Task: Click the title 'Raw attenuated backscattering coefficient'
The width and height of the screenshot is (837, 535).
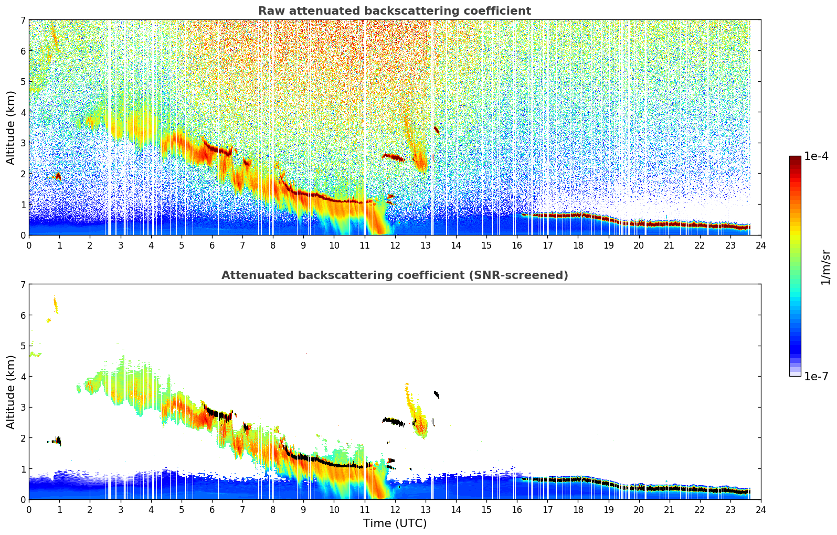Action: pyautogui.click(x=394, y=11)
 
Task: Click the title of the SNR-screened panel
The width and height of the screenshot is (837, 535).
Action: pyautogui.click(x=394, y=275)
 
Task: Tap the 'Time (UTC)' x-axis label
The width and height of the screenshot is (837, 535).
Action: pyautogui.click(x=395, y=523)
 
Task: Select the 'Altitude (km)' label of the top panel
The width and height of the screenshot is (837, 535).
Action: pyautogui.click(x=11, y=127)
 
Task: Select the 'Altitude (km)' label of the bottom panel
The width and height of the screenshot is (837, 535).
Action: pyautogui.click(x=11, y=392)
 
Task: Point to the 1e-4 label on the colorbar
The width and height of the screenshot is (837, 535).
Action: pyautogui.click(x=816, y=156)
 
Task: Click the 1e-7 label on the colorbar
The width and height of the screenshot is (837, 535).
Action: pyautogui.click(x=816, y=377)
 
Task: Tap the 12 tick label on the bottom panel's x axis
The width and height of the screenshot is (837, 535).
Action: pyautogui.click(x=395, y=510)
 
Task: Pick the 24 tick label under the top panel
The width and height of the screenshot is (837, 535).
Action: pyautogui.click(x=760, y=245)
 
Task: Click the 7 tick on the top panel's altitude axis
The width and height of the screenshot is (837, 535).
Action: pyautogui.click(x=23, y=20)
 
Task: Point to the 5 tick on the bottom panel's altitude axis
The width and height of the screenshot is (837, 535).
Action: pyautogui.click(x=23, y=346)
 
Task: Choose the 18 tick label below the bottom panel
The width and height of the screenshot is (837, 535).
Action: pyautogui.click(x=578, y=510)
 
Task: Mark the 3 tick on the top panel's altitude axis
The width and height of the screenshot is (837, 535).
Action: pyautogui.click(x=23, y=143)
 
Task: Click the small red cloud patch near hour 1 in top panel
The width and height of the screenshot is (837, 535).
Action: pyautogui.click(x=58, y=175)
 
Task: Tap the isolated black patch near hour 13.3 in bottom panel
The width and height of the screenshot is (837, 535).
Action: pyautogui.click(x=436, y=394)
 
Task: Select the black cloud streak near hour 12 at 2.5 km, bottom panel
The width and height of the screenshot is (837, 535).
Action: pyautogui.click(x=394, y=421)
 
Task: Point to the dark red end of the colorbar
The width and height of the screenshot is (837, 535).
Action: pyautogui.click(x=794, y=159)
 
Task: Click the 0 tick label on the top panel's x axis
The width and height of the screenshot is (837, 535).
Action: pyautogui.click(x=29, y=245)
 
